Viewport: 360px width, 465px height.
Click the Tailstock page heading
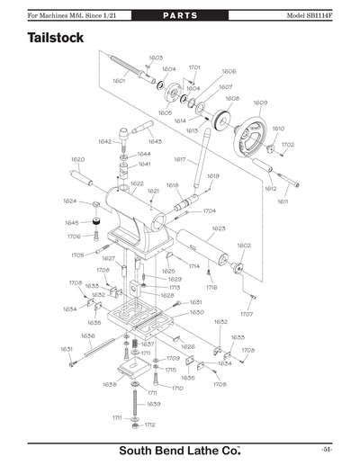coord(56,40)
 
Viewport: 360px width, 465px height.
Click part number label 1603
coord(155,57)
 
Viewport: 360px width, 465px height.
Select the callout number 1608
coord(231,98)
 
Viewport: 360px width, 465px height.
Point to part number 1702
coord(287,144)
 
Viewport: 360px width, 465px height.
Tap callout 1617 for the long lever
coord(180,159)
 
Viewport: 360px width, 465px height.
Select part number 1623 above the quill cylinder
coord(218,228)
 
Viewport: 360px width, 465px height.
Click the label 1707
coord(247,314)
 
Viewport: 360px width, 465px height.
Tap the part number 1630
coord(196,312)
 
